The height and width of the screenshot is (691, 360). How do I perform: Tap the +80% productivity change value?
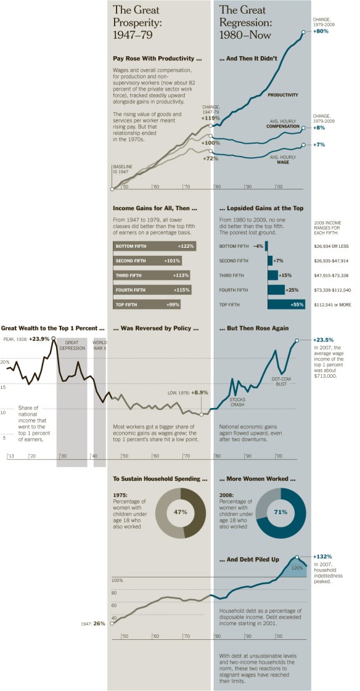(x=321, y=31)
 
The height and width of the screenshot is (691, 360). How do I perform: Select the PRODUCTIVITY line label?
(x=283, y=95)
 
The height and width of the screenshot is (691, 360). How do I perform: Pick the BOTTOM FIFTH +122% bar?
(x=154, y=246)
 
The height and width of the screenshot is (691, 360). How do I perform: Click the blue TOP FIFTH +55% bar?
(x=287, y=304)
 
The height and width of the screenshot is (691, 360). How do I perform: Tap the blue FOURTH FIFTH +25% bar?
(x=276, y=290)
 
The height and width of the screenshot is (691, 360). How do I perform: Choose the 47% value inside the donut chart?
(x=181, y=512)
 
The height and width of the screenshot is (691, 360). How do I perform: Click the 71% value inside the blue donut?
(x=280, y=512)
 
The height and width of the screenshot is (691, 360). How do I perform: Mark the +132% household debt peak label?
(x=323, y=556)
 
